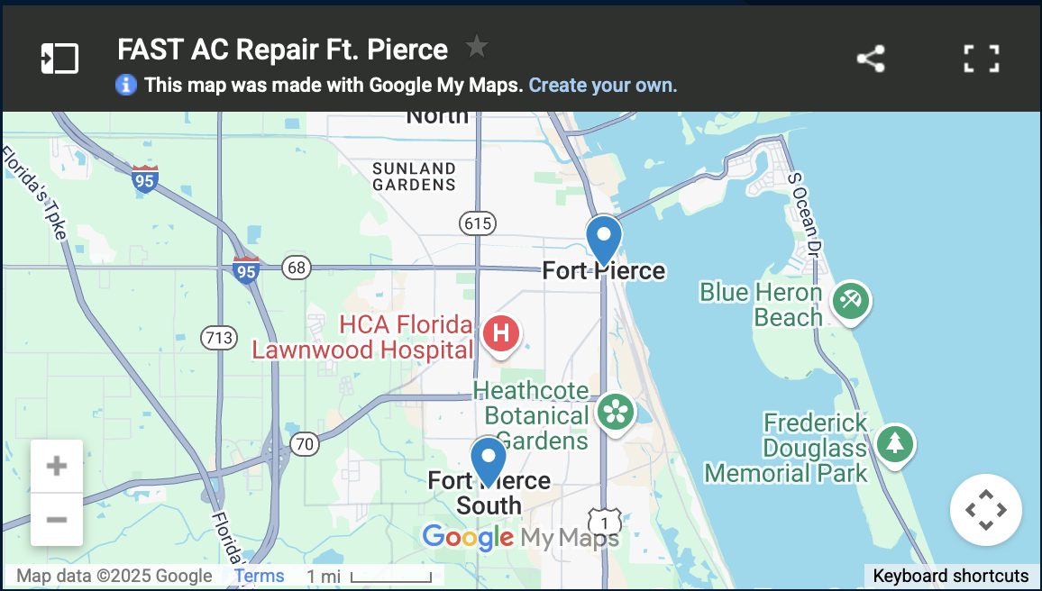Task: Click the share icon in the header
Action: (871, 59)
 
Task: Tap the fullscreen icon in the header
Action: (981, 59)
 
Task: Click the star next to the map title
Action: (477, 46)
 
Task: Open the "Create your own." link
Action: (602, 86)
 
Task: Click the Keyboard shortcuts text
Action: (950, 577)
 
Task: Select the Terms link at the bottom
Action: (259, 577)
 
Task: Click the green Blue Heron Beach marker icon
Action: (850, 299)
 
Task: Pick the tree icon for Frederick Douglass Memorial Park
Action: (894, 442)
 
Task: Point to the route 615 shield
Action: (478, 223)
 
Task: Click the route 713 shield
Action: (219, 339)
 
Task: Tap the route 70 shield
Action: (305, 443)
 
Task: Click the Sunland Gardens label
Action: (415, 176)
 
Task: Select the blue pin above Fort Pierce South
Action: (489, 459)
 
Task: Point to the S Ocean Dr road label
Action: (806, 214)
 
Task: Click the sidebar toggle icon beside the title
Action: (59, 59)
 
